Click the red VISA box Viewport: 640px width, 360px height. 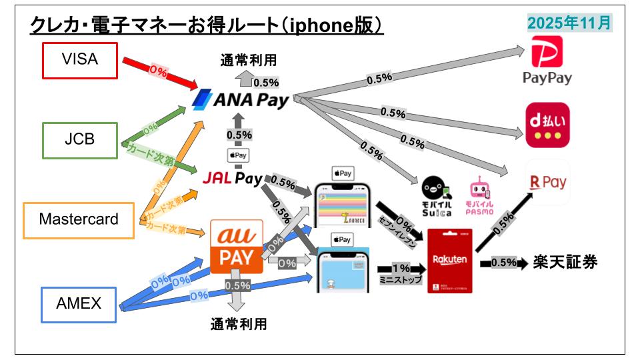coord(79,59)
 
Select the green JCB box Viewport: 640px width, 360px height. coord(79,140)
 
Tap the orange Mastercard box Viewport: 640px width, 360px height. coord(79,220)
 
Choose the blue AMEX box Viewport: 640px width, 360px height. coord(79,304)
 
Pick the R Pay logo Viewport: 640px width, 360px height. coord(547,182)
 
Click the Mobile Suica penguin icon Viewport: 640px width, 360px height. coord(437,195)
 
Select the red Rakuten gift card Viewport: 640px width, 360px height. coord(450,261)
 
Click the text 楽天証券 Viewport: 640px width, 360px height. coord(565,262)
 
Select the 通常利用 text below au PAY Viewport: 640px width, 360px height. coord(238,325)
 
